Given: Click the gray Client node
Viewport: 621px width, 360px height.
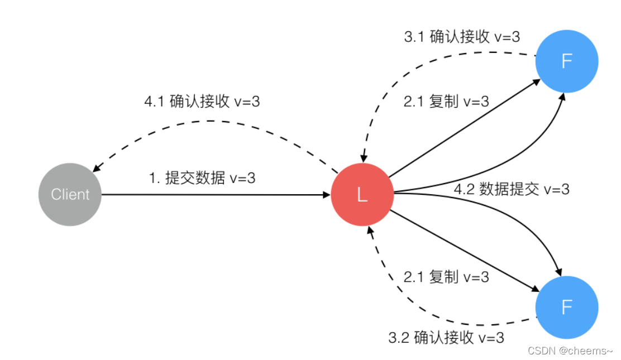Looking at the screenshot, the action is pyautogui.click(x=70, y=194).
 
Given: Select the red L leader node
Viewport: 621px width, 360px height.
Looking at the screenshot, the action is pyautogui.click(x=362, y=194).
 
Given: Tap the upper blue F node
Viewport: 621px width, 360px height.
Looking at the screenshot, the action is pyautogui.click(x=566, y=61).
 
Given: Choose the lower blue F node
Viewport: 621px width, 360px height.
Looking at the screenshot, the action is pyautogui.click(x=566, y=308).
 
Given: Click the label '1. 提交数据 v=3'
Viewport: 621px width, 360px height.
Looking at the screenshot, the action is pyautogui.click(x=202, y=179).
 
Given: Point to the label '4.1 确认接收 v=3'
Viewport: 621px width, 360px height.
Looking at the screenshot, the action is pyautogui.click(x=202, y=102).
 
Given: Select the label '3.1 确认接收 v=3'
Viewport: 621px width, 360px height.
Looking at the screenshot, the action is pyautogui.click(x=462, y=37).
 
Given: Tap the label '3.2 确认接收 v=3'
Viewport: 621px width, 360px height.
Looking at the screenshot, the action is pyautogui.click(x=446, y=338).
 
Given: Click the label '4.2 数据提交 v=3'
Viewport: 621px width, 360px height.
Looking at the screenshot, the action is pyautogui.click(x=512, y=189).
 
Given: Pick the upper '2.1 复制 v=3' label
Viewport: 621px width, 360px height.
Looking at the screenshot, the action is pyautogui.click(x=445, y=102).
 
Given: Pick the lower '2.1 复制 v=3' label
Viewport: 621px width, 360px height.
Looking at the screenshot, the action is pyautogui.click(x=445, y=276).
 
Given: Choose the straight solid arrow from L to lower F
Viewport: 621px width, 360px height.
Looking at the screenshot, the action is pyautogui.click(x=464, y=251).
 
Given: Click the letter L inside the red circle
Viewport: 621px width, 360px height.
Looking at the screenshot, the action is pyautogui.click(x=362, y=195).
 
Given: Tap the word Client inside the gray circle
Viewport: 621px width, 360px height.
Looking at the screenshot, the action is pyautogui.click(x=70, y=194).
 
